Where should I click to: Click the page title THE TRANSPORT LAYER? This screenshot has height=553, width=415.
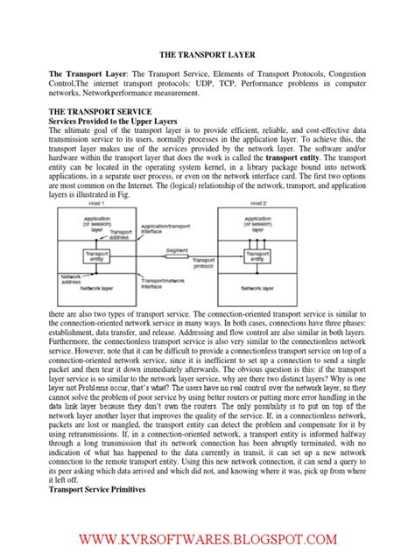207,54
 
